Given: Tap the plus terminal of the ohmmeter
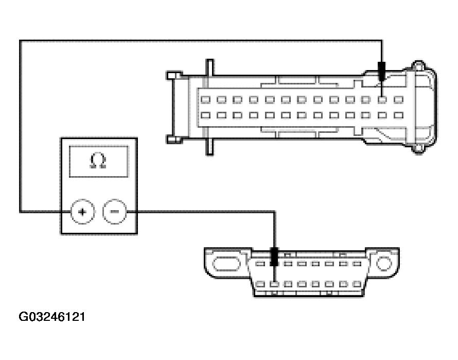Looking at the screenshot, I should coord(82,211).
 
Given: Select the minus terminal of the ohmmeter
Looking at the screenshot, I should coord(115,211).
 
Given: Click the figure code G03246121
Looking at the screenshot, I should coord(52,316).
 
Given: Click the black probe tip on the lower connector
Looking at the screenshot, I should coord(274,256).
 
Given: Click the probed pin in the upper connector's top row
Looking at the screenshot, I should coord(381,99).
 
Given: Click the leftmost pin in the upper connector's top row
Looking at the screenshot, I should coord(204,99).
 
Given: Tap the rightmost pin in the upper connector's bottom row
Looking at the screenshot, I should coord(398,115).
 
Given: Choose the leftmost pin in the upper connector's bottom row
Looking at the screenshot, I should coord(204,115).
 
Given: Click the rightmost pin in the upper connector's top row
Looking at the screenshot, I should coord(398,99).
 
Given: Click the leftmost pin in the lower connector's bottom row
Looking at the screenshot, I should coord(260,284).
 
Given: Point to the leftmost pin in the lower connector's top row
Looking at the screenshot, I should coord(260,264).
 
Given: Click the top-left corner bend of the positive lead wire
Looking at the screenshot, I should coord(21,41).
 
